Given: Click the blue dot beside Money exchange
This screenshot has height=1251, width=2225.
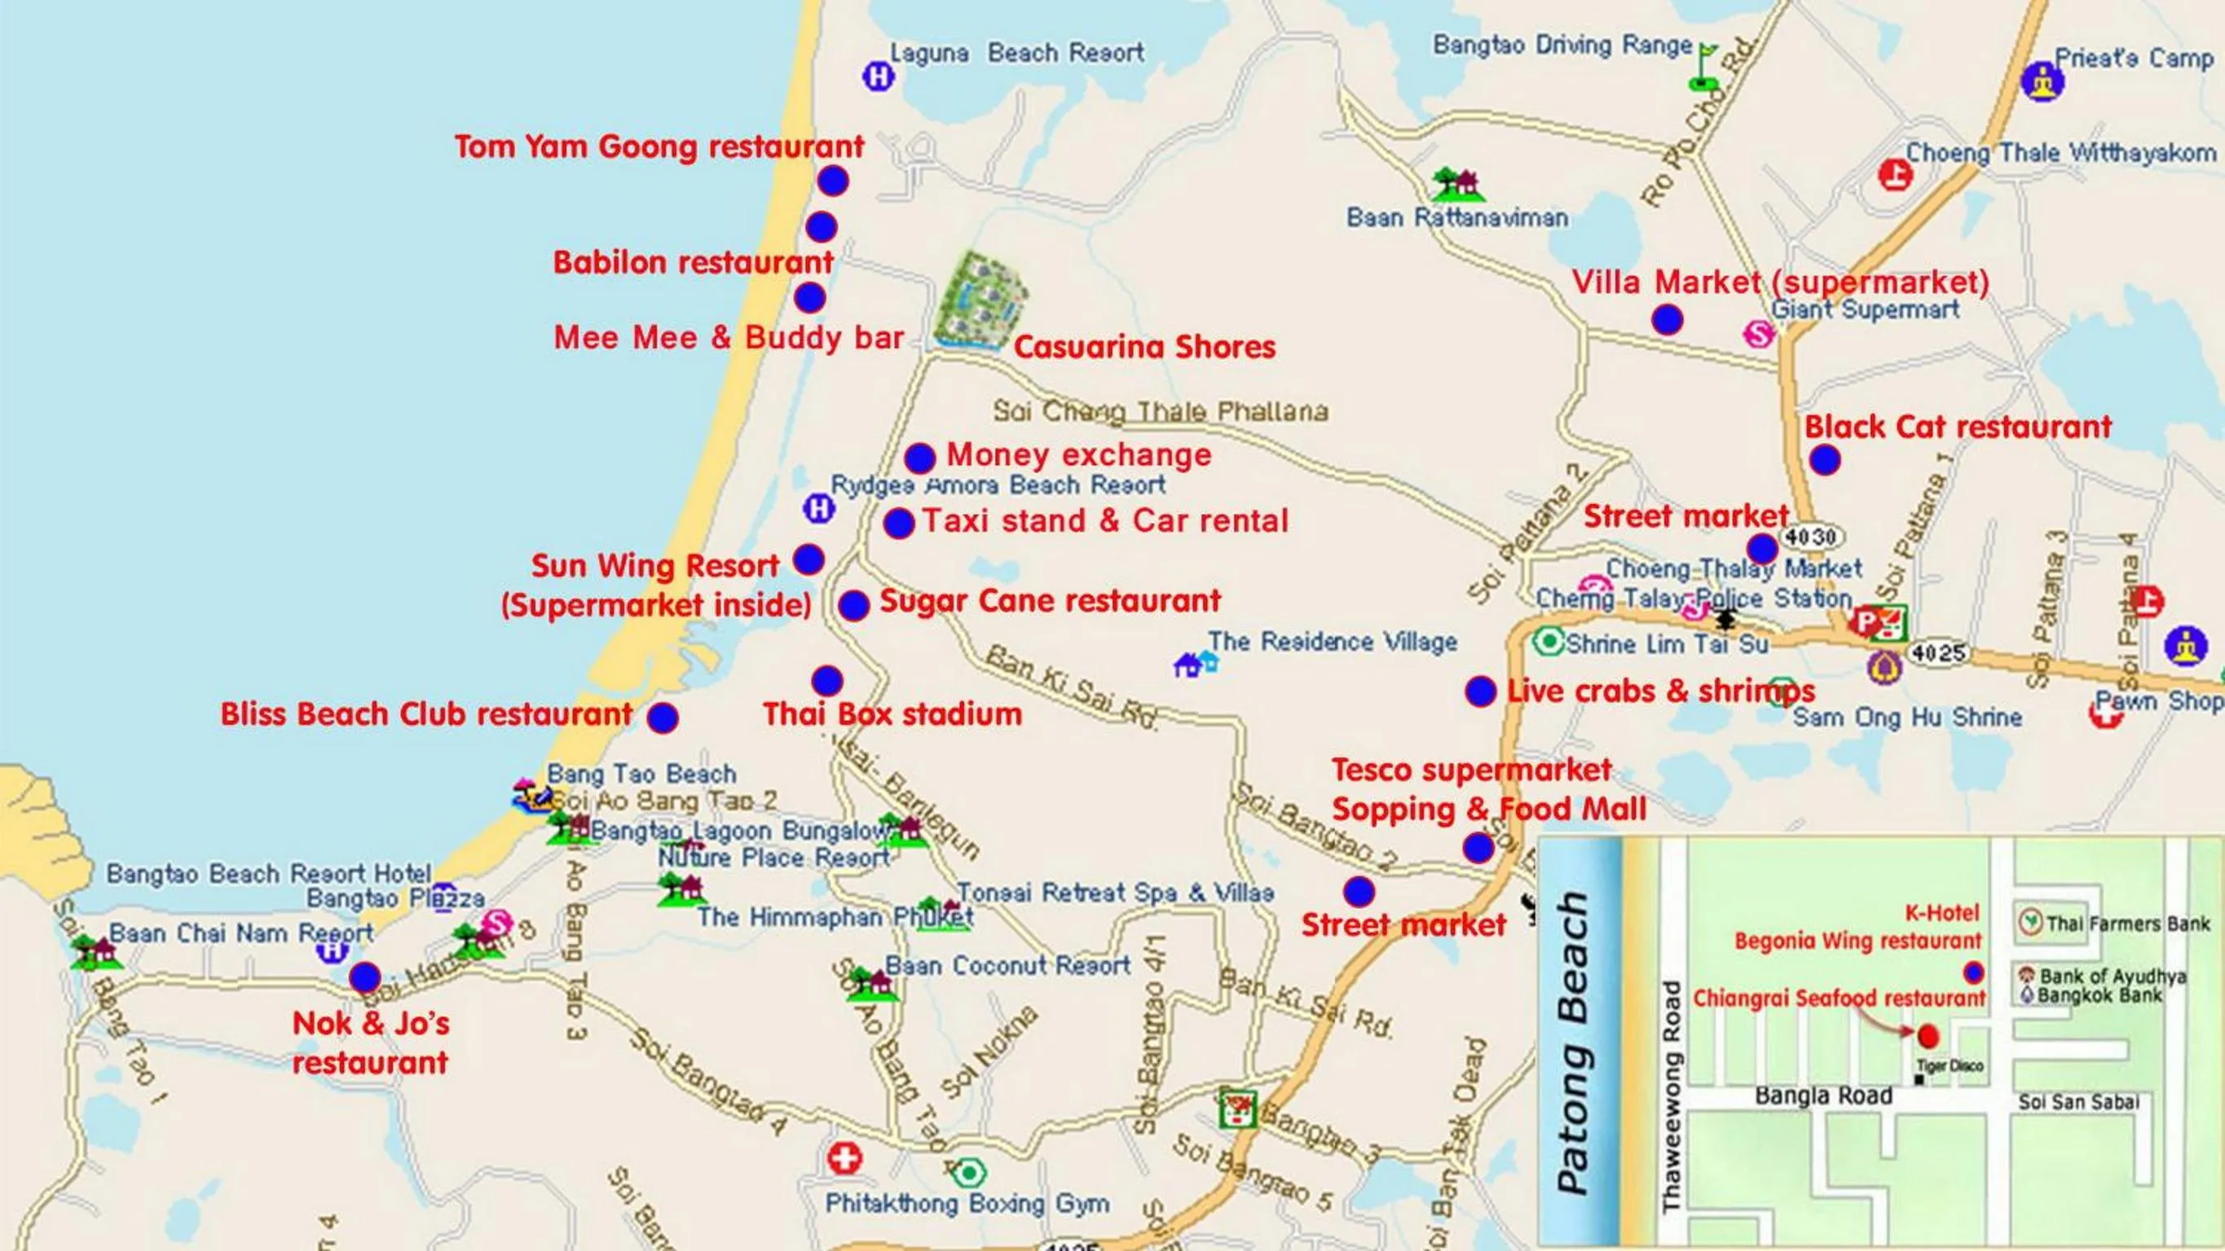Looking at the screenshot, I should (920, 458).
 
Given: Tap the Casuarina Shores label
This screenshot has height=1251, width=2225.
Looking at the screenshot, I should (1144, 347).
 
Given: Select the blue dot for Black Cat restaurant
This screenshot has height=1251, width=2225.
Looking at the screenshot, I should (1824, 460).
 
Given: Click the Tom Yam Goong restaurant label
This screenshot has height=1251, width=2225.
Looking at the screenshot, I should (659, 147).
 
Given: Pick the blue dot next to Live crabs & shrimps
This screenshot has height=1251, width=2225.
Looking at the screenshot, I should (1480, 691).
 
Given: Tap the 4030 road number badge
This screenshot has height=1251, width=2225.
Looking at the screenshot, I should (1810, 537).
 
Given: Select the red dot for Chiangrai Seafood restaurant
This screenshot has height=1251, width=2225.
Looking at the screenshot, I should (1928, 1036).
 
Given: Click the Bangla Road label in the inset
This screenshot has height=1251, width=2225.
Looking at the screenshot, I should (1823, 1095).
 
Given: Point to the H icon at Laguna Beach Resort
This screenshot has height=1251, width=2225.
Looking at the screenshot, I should (879, 77).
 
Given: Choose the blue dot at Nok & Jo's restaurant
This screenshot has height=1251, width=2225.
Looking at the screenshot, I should (364, 977).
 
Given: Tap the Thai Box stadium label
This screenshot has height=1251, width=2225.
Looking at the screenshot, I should (892, 715).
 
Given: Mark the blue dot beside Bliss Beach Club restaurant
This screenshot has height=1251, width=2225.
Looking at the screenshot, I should (663, 718).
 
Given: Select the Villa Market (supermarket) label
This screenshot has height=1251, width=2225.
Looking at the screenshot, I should (1780, 283).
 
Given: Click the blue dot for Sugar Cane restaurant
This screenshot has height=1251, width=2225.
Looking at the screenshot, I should (853, 605).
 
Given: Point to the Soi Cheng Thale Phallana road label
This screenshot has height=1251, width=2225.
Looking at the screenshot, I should (1160, 411).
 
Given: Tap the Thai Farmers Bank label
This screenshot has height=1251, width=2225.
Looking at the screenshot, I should (2127, 924).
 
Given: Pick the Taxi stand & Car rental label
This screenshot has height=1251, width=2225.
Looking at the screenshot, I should (1104, 520).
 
